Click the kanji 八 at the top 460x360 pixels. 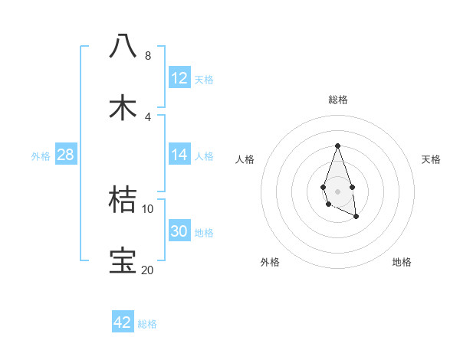coord(123,45)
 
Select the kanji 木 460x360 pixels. coord(123,106)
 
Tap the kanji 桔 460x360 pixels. coord(123,199)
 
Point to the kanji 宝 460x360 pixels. coord(123,260)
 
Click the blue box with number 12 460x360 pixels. coord(179,78)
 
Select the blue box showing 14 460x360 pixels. coord(179,155)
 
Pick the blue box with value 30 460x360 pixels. coord(179,231)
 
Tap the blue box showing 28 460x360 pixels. coord(66,155)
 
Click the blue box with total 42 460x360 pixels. coord(123,322)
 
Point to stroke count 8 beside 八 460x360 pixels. coord(148,56)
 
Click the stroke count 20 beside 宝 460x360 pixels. coord(147,270)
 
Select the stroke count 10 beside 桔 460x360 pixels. coord(148,208)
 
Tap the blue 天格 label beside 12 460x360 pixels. coord(204,80)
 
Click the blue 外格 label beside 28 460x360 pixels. coord(41,156)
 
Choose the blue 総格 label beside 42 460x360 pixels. coord(147,324)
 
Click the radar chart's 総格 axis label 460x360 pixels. coord(337,100)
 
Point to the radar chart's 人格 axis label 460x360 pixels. coord(245,159)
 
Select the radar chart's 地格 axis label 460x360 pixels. coord(402,262)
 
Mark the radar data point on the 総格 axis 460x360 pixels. coord(337,145)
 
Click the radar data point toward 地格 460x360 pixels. coord(356,217)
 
